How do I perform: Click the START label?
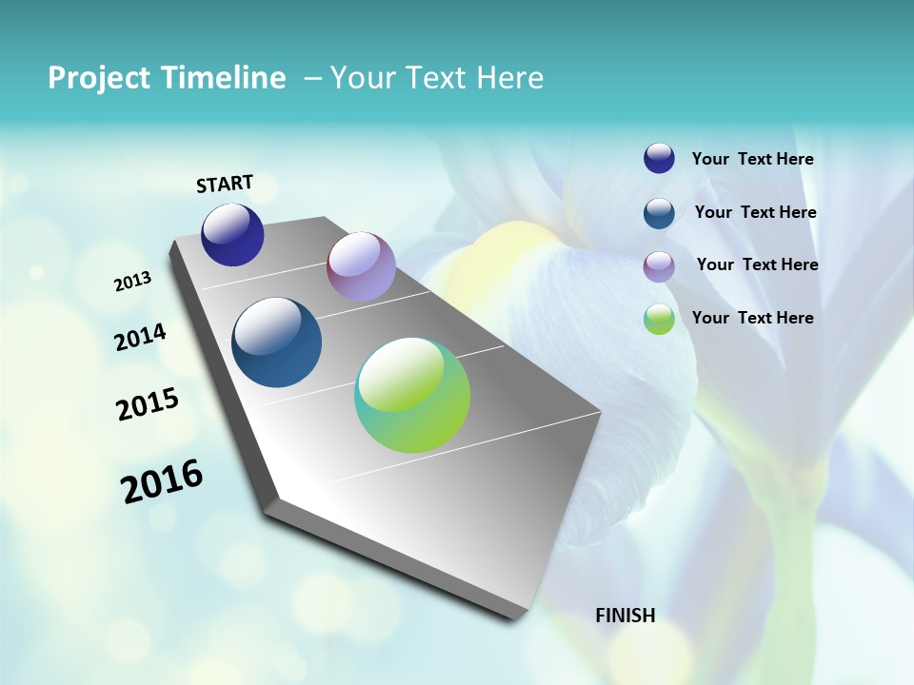coord(225,184)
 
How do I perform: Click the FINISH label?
coord(625,616)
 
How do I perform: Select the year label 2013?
coord(132,282)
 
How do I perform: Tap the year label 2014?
coord(140,338)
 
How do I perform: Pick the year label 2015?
coord(148,404)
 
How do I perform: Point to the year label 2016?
coord(162,481)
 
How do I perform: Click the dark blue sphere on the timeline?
coord(232,235)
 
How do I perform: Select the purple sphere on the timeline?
coord(361,266)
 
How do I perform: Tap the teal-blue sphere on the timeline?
coord(276,342)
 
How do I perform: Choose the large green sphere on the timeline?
coord(412,395)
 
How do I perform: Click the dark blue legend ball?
coord(659,159)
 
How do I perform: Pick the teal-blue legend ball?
coord(659,213)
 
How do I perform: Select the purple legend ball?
coord(659,266)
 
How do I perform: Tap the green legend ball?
coord(659,319)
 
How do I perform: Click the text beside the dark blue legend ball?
coord(752,160)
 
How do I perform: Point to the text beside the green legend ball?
coord(752,318)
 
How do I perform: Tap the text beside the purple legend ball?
coord(757,264)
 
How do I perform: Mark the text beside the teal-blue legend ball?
coord(755,212)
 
